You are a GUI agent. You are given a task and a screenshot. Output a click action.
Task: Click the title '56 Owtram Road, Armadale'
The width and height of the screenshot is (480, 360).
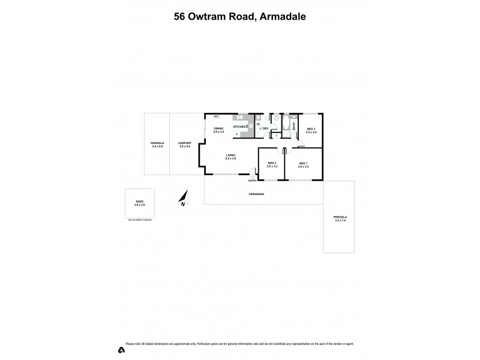pos(239,17)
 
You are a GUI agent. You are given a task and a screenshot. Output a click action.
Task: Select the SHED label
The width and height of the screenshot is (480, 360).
pos(139,202)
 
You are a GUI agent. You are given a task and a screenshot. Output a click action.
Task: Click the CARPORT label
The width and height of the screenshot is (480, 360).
pos(184,143)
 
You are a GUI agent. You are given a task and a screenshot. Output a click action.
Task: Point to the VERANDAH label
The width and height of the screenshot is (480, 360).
pos(257,194)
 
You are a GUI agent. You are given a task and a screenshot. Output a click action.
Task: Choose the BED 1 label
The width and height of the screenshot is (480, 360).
pos(302,164)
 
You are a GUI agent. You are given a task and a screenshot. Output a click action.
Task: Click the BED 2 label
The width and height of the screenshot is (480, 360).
pos(271,163)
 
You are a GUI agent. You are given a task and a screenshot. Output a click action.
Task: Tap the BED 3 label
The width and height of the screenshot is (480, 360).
pos(311,129)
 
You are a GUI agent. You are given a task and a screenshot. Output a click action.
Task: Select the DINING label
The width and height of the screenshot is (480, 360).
pos(218,127)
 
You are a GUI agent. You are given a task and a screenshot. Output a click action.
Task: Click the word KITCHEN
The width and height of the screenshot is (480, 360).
pos(239,127)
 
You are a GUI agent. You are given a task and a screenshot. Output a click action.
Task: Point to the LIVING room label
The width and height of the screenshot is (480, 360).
pos(230,155)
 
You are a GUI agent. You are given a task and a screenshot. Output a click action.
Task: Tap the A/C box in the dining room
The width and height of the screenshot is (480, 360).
pos(216,116)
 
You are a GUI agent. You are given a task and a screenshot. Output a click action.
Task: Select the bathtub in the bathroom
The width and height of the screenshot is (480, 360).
pos(286,127)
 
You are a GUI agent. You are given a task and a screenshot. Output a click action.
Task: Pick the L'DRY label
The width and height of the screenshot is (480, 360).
pos(264,128)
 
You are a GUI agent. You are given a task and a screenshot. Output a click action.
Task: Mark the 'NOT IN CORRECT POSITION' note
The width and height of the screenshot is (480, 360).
pos(139,221)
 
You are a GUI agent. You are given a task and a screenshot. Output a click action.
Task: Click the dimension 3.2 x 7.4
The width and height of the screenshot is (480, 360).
pos(341,221)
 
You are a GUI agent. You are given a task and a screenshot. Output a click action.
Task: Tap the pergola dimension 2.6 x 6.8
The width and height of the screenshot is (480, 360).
pos(157,146)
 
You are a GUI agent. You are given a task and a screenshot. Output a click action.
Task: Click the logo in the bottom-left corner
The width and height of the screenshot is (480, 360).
pos(121,349)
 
